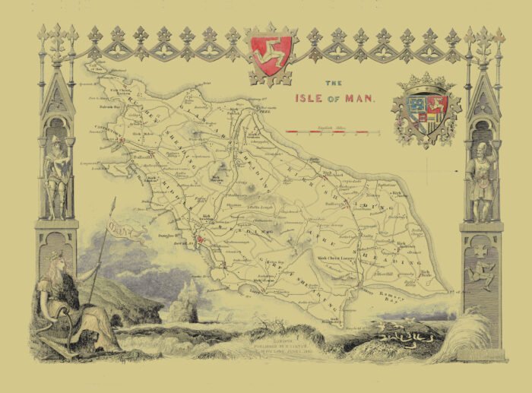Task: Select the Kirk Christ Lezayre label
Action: coord(334,258)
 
